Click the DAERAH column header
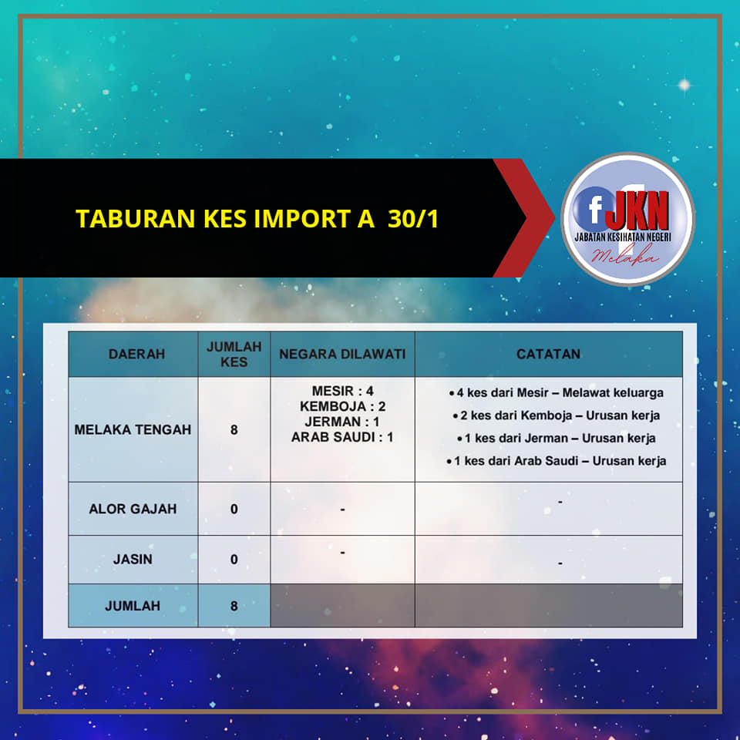(x=137, y=354)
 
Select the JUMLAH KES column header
(x=234, y=354)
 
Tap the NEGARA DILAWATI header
(x=342, y=354)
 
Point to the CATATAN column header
(x=548, y=354)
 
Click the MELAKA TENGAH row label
(x=133, y=429)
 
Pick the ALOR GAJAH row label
(x=133, y=509)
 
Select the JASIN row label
(x=133, y=560)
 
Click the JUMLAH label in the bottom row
(x=133, y=606)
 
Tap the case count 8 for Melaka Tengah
(x=234, y=430)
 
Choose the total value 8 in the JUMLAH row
(x=234, y=606)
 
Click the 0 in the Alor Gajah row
(x=234, y=510)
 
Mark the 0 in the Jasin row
(x=234, y=560)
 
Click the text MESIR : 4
(x=342, y=391)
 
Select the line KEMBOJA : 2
(x=342, y=406)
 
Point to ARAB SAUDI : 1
(x=342, y=437)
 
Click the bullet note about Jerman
(x=557, y=438)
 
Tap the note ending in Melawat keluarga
(x=557, y=392)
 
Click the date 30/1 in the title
(x=413, y=219)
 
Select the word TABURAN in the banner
(x=136, y=219)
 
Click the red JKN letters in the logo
(x=637, y=210)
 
